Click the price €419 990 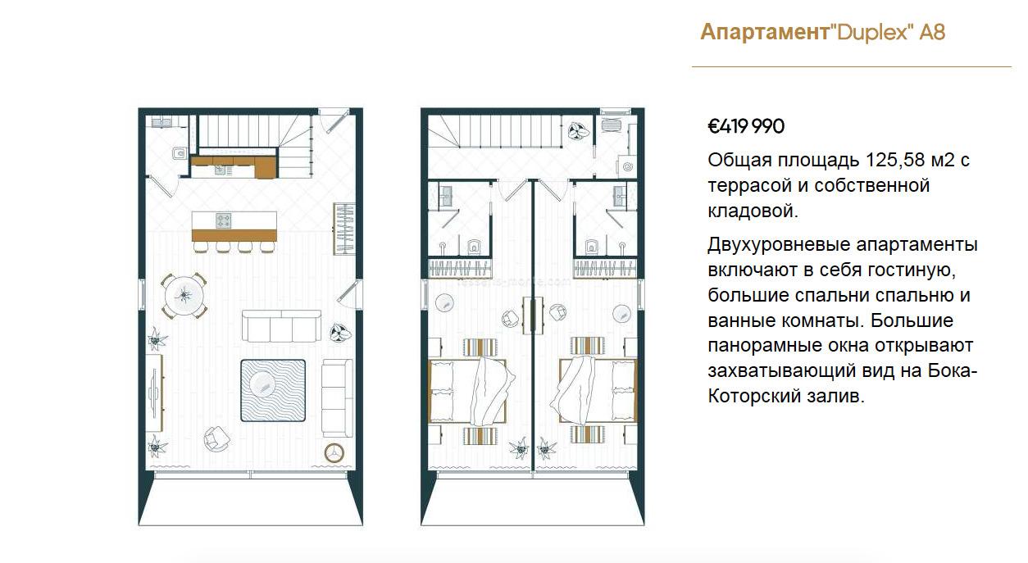746,126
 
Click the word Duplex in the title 873,33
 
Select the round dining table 184,296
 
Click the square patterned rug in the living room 273,390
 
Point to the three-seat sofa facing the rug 281,326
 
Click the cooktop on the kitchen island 224,220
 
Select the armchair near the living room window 216,438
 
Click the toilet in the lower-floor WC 179,152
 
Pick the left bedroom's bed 468,391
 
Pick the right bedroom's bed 598,391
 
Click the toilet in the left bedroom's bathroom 474,247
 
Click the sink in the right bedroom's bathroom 620,196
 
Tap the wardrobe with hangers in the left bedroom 459,269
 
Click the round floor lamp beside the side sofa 334,452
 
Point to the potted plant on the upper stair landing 579,131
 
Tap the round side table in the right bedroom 621,314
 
